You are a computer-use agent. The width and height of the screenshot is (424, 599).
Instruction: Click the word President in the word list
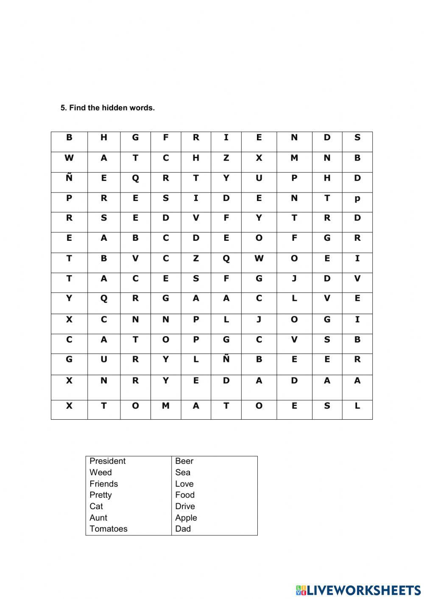point(108,461)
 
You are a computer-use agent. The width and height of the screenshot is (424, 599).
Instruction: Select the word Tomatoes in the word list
point(108,529)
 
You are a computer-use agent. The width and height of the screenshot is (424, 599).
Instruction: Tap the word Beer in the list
point(184,461)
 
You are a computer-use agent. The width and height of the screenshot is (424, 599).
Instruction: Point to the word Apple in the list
point(186,518)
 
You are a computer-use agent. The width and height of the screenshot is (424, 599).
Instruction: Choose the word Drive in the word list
point(185,506)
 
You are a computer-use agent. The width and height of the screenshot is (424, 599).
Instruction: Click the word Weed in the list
point(100,472)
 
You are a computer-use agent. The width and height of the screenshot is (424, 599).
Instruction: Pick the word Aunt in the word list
point(98,518)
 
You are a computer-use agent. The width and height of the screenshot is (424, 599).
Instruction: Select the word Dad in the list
point(183,529)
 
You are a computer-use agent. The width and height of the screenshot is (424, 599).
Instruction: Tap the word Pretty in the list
point(100,495)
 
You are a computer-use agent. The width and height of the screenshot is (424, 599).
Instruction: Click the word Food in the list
point(184,495)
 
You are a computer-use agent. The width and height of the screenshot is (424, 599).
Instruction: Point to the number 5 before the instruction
point(63,108)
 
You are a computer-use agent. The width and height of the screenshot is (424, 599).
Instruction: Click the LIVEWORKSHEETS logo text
point(363,590)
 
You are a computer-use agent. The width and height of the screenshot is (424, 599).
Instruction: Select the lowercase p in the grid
point(357,198)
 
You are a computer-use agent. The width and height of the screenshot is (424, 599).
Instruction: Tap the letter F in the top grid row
point(166,137)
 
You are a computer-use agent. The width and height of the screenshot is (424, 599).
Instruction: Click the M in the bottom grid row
point(166,406)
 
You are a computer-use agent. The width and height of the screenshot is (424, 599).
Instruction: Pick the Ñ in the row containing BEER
point(226,359)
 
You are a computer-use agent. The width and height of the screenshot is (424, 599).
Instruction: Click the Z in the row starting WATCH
point(226,158)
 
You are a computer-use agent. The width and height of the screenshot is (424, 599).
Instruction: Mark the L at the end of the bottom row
point(357,406)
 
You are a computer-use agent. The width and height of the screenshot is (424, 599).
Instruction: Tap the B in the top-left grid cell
point(69,137)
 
